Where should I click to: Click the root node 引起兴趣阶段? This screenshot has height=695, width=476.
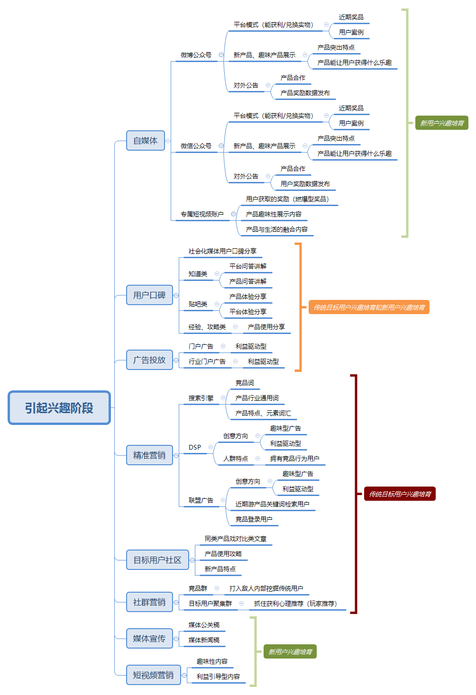[59, 408]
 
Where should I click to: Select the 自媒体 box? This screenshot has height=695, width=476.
[146, 141]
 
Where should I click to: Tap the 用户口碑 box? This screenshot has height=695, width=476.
[149, 295]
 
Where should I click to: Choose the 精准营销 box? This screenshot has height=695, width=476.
[149, 455]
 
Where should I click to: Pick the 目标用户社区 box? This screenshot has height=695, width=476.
[157, 560]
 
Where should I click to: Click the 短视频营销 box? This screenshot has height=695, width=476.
[154, 675]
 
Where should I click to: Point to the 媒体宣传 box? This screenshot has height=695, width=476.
[149, 639]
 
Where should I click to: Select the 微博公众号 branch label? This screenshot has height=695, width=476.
[196, 55]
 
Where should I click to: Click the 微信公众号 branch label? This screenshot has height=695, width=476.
[196, 146]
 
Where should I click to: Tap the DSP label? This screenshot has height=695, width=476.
[195, 447]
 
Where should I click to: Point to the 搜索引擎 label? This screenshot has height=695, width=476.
[201, 398]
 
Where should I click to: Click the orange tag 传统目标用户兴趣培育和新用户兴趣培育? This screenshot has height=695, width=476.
[369, 307]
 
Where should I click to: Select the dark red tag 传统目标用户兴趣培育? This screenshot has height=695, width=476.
[400, 494]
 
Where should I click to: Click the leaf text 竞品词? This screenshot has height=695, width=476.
[245, 383]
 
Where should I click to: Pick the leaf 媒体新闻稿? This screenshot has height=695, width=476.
[204, 640]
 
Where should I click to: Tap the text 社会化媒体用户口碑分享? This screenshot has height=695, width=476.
[223, 251]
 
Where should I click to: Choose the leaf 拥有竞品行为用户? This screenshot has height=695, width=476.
[295, 459]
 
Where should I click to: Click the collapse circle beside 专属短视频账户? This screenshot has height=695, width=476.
[234, 214]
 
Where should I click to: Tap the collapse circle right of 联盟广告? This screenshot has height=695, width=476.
[223, 500]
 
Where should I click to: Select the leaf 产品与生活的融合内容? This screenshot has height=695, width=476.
[277, 229]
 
